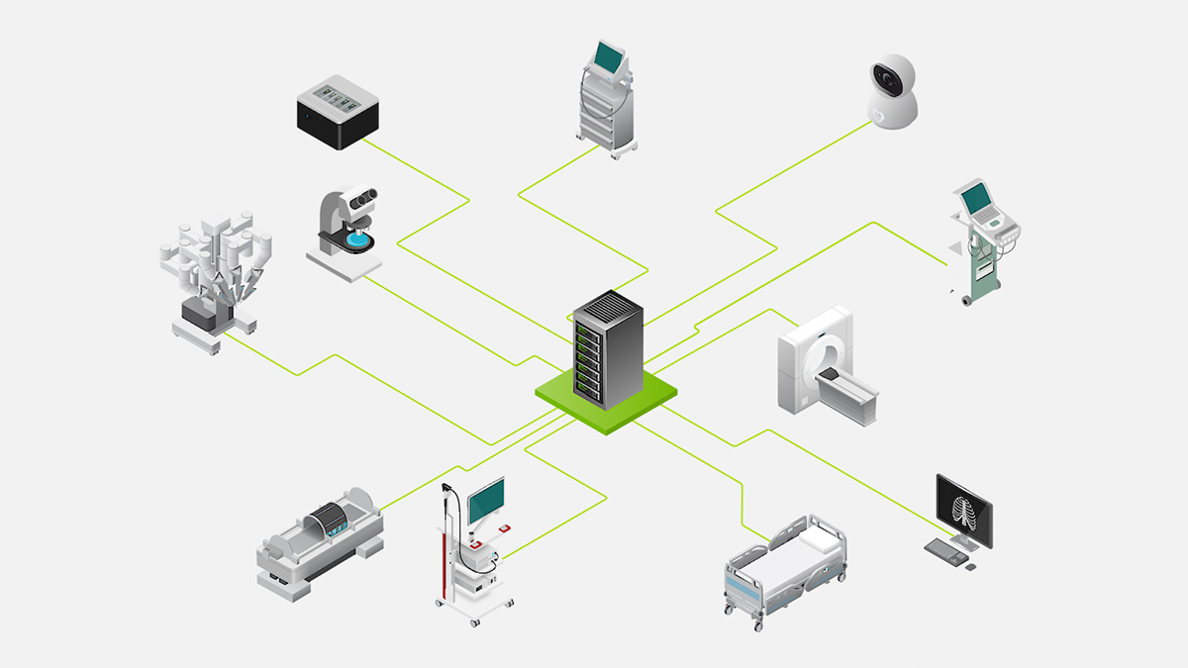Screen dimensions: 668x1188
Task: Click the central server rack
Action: click(x=608, y=348)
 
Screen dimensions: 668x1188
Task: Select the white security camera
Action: click(x=892, y=91)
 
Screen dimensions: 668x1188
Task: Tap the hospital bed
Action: click(x=786, y=569)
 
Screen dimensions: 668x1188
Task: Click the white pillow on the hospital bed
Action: click(x=818, y=538)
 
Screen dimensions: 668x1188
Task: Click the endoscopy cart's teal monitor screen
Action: click(x=486, y=501)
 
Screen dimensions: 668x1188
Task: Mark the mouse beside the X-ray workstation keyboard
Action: click(x=970, y=567)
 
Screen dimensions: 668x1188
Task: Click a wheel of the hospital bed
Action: click(x=758, y=625)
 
